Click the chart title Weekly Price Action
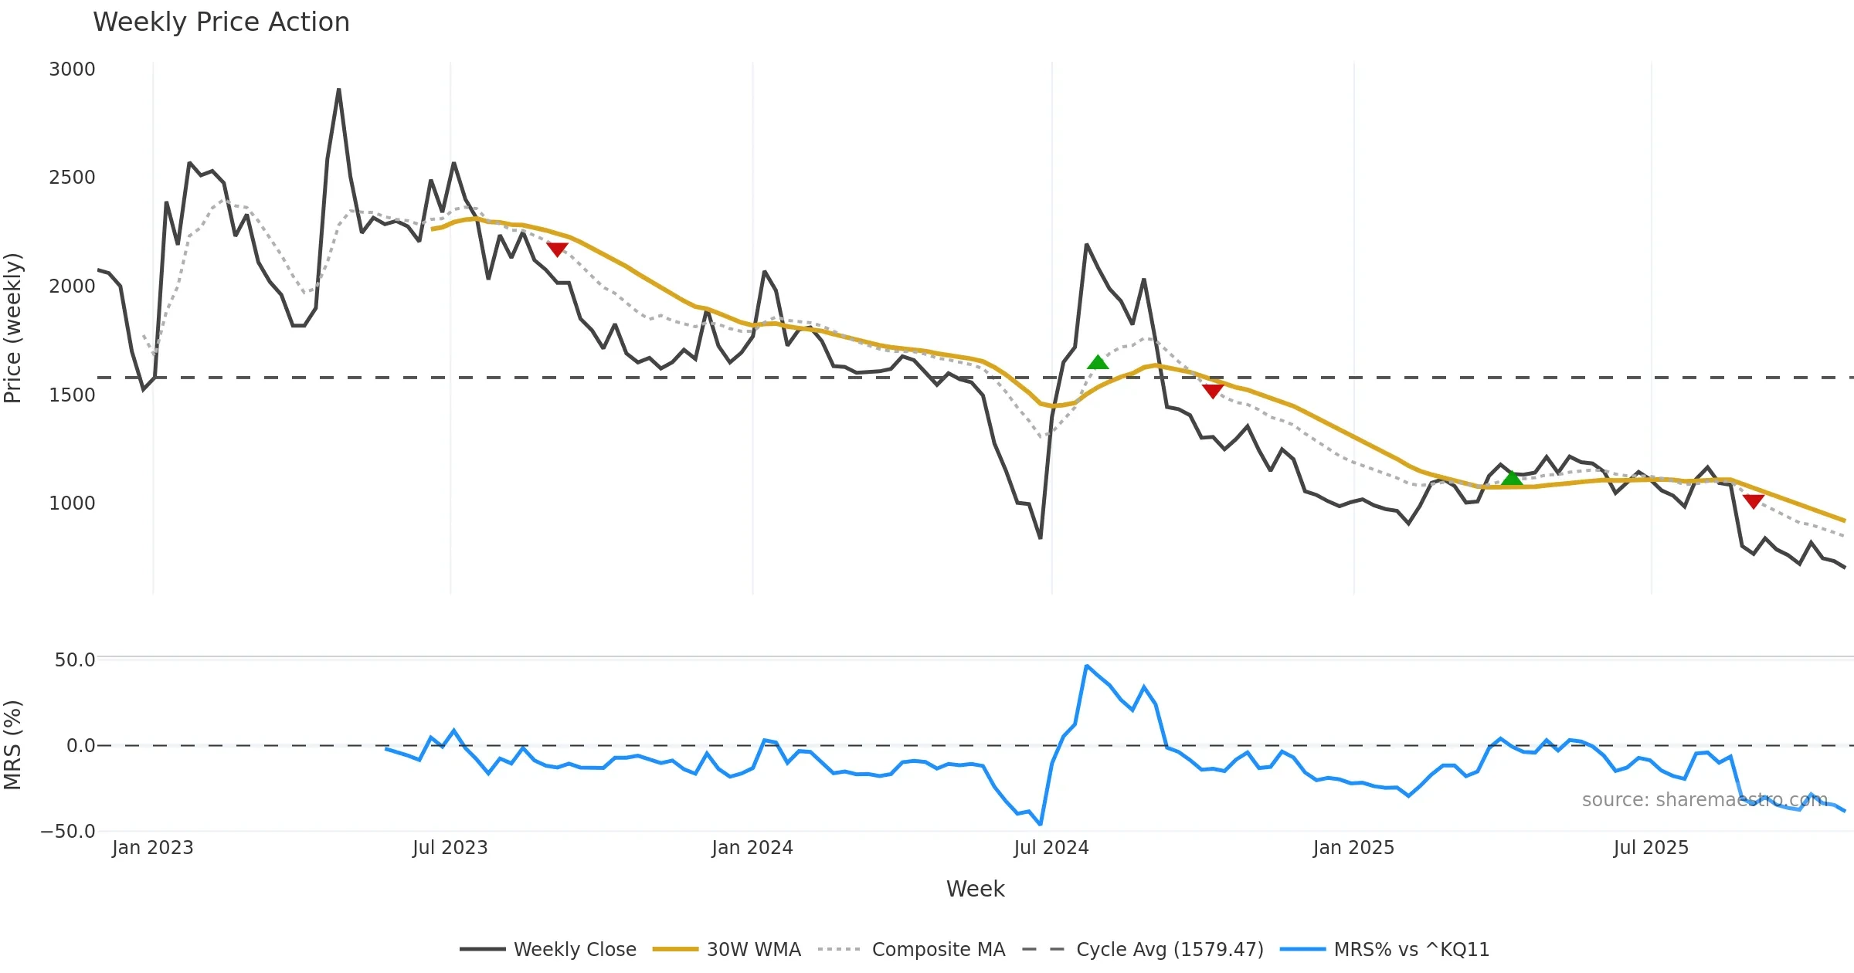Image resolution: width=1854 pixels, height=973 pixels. click(221, 22)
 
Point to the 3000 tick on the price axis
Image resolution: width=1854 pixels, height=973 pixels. click(72, 69)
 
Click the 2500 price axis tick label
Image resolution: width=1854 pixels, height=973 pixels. click(72, 178)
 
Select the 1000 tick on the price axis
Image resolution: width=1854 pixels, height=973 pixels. click(72, 503)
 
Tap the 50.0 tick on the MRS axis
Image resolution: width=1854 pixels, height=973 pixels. click(74, 660)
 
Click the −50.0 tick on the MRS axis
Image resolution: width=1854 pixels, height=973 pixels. click(68, 832)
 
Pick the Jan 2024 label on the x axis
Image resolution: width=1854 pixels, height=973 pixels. click(752, 848)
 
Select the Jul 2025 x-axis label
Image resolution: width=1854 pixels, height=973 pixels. click(1651, 848)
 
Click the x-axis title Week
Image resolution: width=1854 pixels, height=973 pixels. click(975, 890)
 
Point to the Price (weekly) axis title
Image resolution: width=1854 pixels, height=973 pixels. click(13, 328)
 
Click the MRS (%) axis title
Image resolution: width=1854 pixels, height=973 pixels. click(13, 745)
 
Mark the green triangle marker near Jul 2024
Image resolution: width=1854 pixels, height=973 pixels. click(1098, 362)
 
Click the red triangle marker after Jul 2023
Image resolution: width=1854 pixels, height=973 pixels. click(557, 249)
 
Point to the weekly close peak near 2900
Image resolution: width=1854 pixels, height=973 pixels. click(338, 90)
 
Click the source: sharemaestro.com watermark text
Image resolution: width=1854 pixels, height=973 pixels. click(1704, 800)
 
